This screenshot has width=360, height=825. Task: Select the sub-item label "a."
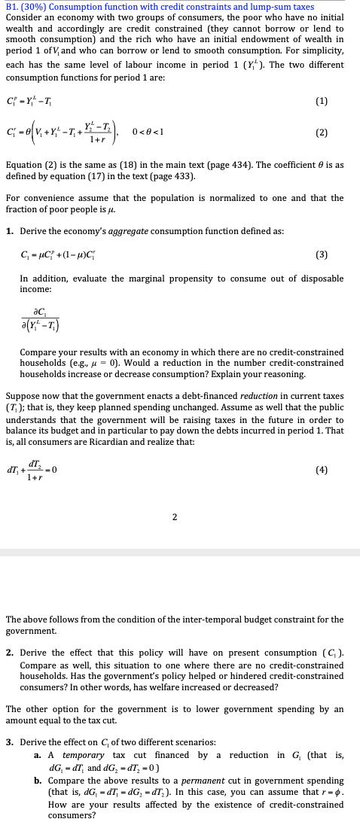coord(38,755)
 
